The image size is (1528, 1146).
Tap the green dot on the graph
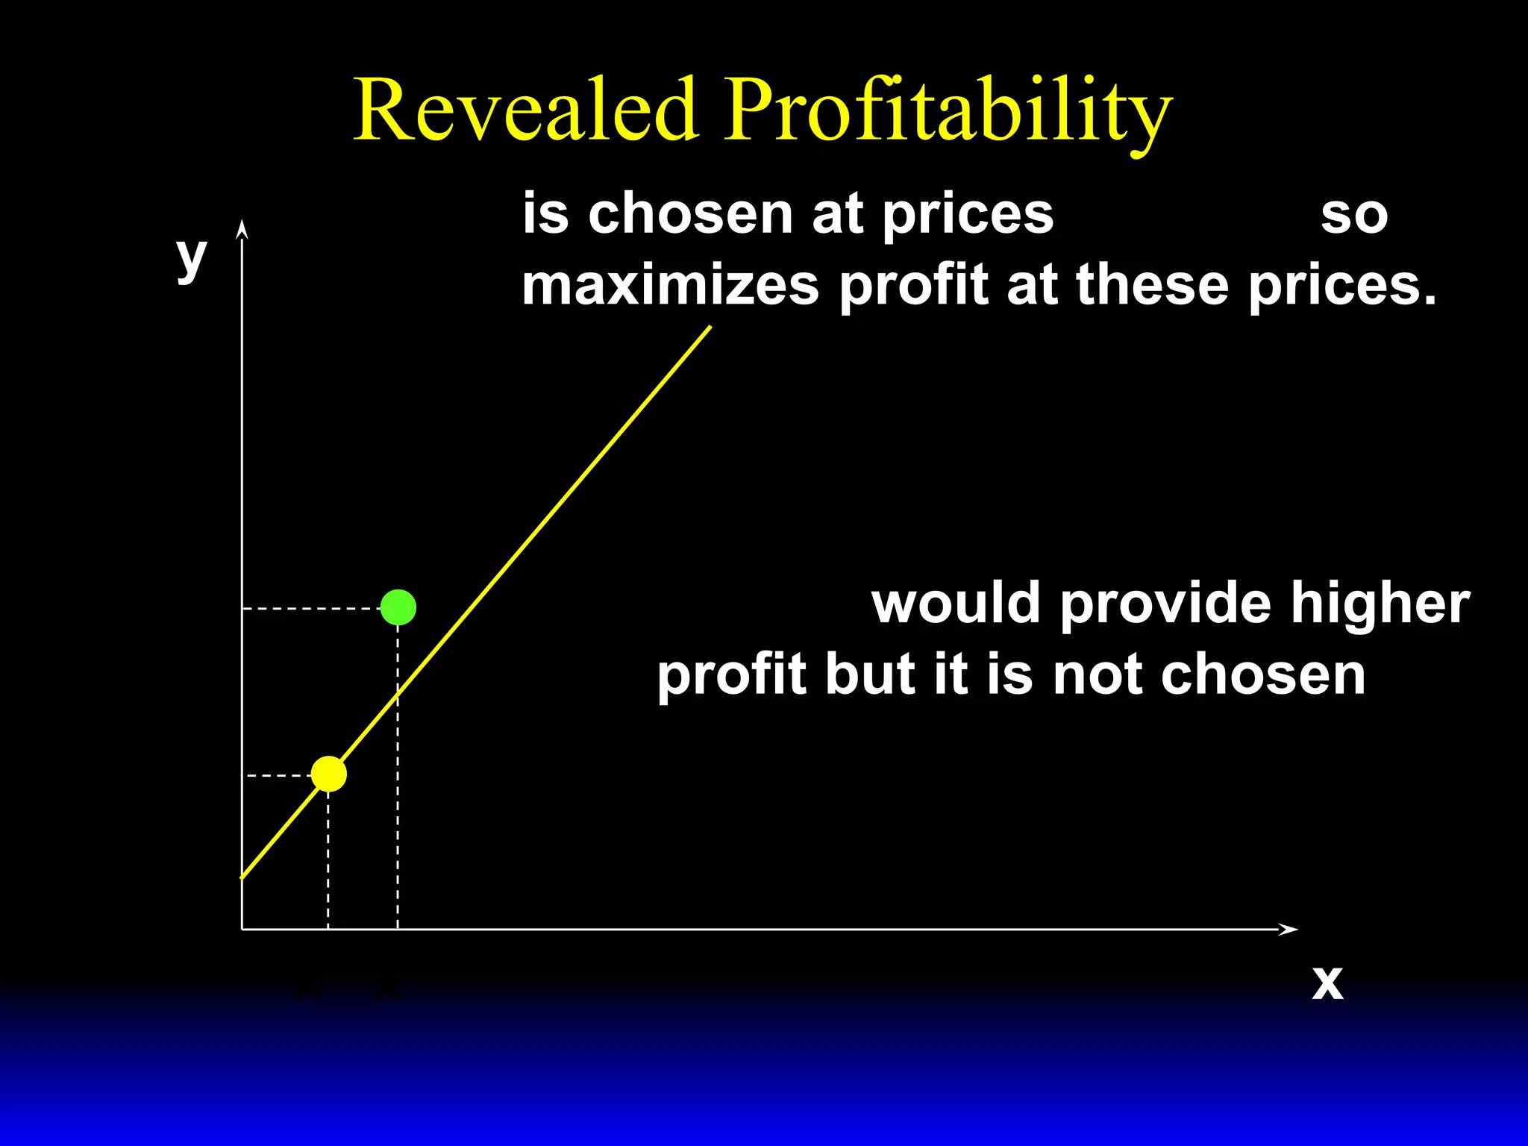point(398,607)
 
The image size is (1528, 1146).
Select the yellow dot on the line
point(329,774)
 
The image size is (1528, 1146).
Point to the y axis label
point(191,257)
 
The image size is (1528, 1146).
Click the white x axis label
point(1327,983)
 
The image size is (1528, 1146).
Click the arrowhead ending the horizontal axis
point(1289,929)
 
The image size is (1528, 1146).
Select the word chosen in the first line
point(690,215)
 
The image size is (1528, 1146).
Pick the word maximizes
point(670,286)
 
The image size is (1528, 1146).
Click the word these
point(1152,286)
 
